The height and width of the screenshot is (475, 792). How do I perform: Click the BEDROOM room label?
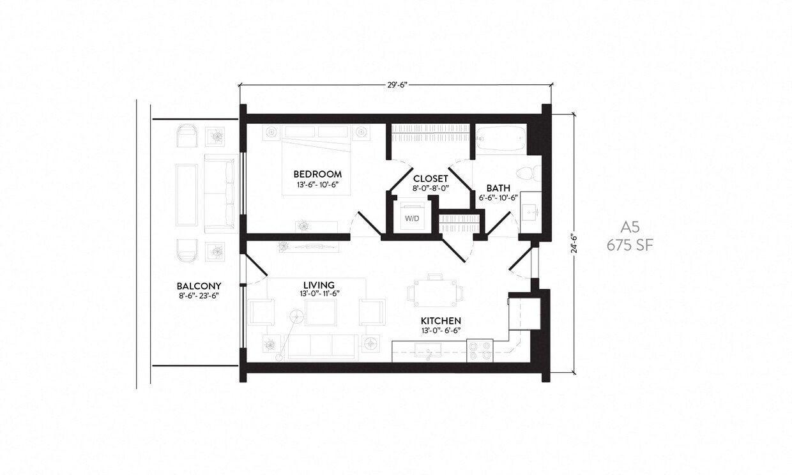tap(317, 174)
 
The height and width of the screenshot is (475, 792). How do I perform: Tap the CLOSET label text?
tap(430, 179)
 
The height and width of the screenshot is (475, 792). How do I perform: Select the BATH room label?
tap(498, 188)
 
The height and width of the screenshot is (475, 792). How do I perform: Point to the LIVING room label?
tap(319, 284)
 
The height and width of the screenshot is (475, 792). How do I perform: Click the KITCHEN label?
tap(440, 320)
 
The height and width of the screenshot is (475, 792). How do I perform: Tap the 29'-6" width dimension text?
tap(396, 84)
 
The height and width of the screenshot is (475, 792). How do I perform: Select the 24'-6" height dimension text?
tap(574, 243)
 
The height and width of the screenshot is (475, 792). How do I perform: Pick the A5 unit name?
tap(630, 227)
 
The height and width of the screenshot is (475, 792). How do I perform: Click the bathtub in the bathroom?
tap(501, 138)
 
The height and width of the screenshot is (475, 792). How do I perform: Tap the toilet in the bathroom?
tap(529, 173)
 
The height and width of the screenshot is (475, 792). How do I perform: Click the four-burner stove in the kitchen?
tap(480, 350)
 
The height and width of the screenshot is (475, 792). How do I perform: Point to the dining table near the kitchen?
tap(435, 294)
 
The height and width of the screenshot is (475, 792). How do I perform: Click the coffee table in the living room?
tap(321, 312)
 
